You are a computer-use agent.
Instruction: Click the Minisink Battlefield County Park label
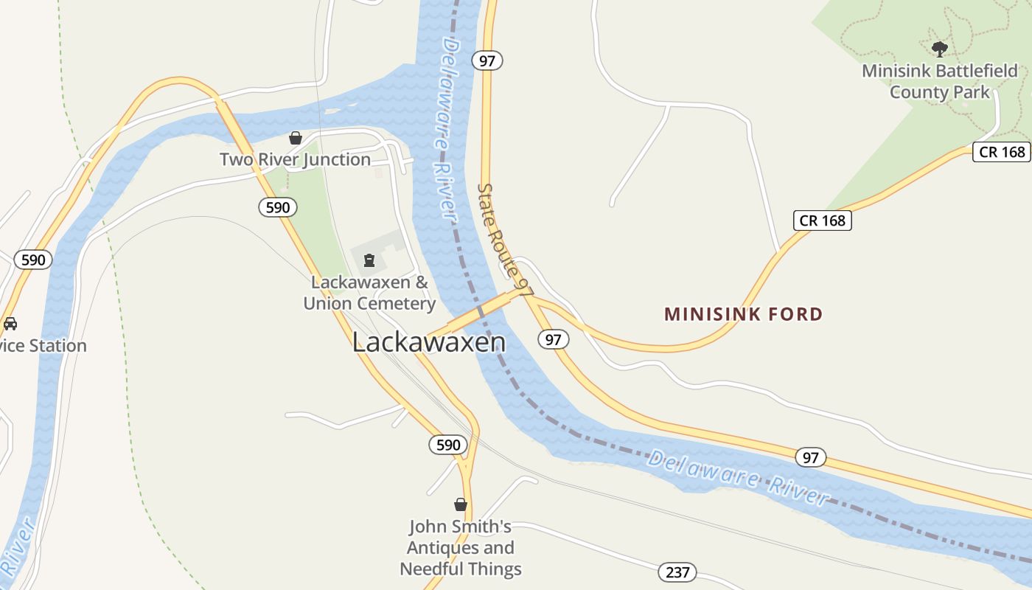(940, 82)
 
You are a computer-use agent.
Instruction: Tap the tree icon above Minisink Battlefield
(939, 49)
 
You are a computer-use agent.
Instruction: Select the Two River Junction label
(295, 159)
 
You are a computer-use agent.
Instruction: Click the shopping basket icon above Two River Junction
(296, 138)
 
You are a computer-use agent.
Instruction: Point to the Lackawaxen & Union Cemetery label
(369, 293)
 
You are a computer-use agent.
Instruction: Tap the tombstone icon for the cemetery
(369, 260)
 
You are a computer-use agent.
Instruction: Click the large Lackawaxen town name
(429, 342)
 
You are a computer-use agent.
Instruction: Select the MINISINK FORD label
(743, 314)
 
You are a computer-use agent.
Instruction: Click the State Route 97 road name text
(505, 240)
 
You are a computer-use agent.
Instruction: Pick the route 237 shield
(677, 572)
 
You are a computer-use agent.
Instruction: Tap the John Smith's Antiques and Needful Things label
(461, 548)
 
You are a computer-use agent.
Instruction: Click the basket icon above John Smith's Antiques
(461, 504)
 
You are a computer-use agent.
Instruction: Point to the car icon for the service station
(10, 324)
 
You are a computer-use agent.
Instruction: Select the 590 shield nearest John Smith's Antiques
(448, 445)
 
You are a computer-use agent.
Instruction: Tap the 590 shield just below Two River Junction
(278, 207)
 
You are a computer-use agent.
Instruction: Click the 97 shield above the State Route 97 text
(487, 60)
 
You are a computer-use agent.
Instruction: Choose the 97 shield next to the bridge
(554, 340)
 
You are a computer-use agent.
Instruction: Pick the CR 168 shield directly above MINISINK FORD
(822, 221)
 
